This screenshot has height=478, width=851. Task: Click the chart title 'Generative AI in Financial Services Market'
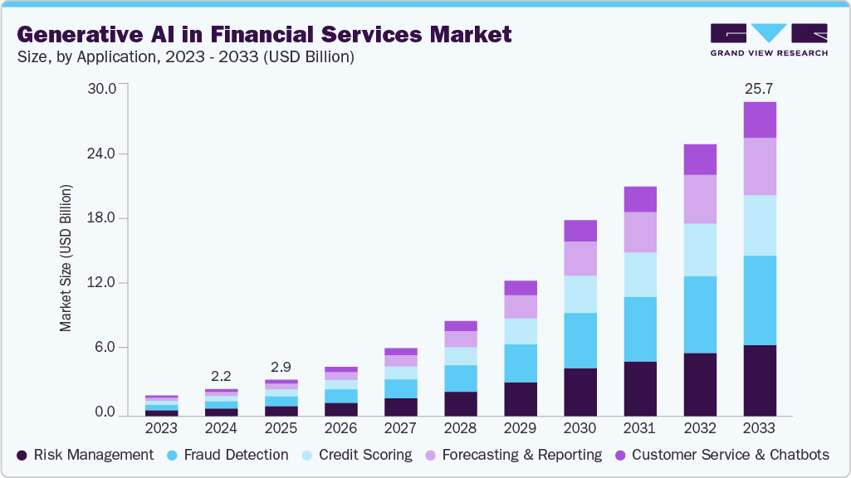(264, 34)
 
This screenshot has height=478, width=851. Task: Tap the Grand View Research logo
(769, 40)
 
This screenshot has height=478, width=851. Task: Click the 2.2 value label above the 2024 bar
(221, 374)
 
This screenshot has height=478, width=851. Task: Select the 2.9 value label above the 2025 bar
(281, 366)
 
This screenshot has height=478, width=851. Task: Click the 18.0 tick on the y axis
(105, 218)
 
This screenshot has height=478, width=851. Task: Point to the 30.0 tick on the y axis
(105, 88)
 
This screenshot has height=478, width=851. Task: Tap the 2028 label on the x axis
(461, 428)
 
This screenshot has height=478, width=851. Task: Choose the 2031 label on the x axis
(639, 428)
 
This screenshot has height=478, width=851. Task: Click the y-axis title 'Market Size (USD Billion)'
(66, 258)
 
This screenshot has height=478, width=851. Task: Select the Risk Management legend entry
(86, 455)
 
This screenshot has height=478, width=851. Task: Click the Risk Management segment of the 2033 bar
(759, 380)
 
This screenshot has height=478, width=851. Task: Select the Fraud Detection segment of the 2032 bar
(699, 315)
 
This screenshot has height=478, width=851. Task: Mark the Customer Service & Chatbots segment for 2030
(580, 231)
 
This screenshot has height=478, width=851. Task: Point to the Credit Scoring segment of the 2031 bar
(639, 275)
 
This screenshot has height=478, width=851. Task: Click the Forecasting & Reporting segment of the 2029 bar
(520, 307)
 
